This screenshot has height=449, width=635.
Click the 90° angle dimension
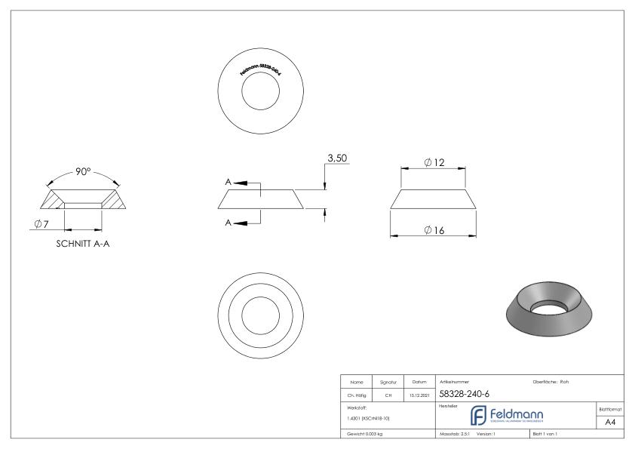tap(83, 171)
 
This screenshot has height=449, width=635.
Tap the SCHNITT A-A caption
tap(83, 243)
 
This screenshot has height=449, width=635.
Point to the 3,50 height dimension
tap(336, 159)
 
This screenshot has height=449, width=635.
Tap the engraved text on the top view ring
tap(260, 69)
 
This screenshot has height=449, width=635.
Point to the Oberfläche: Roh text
tap(551, 382)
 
